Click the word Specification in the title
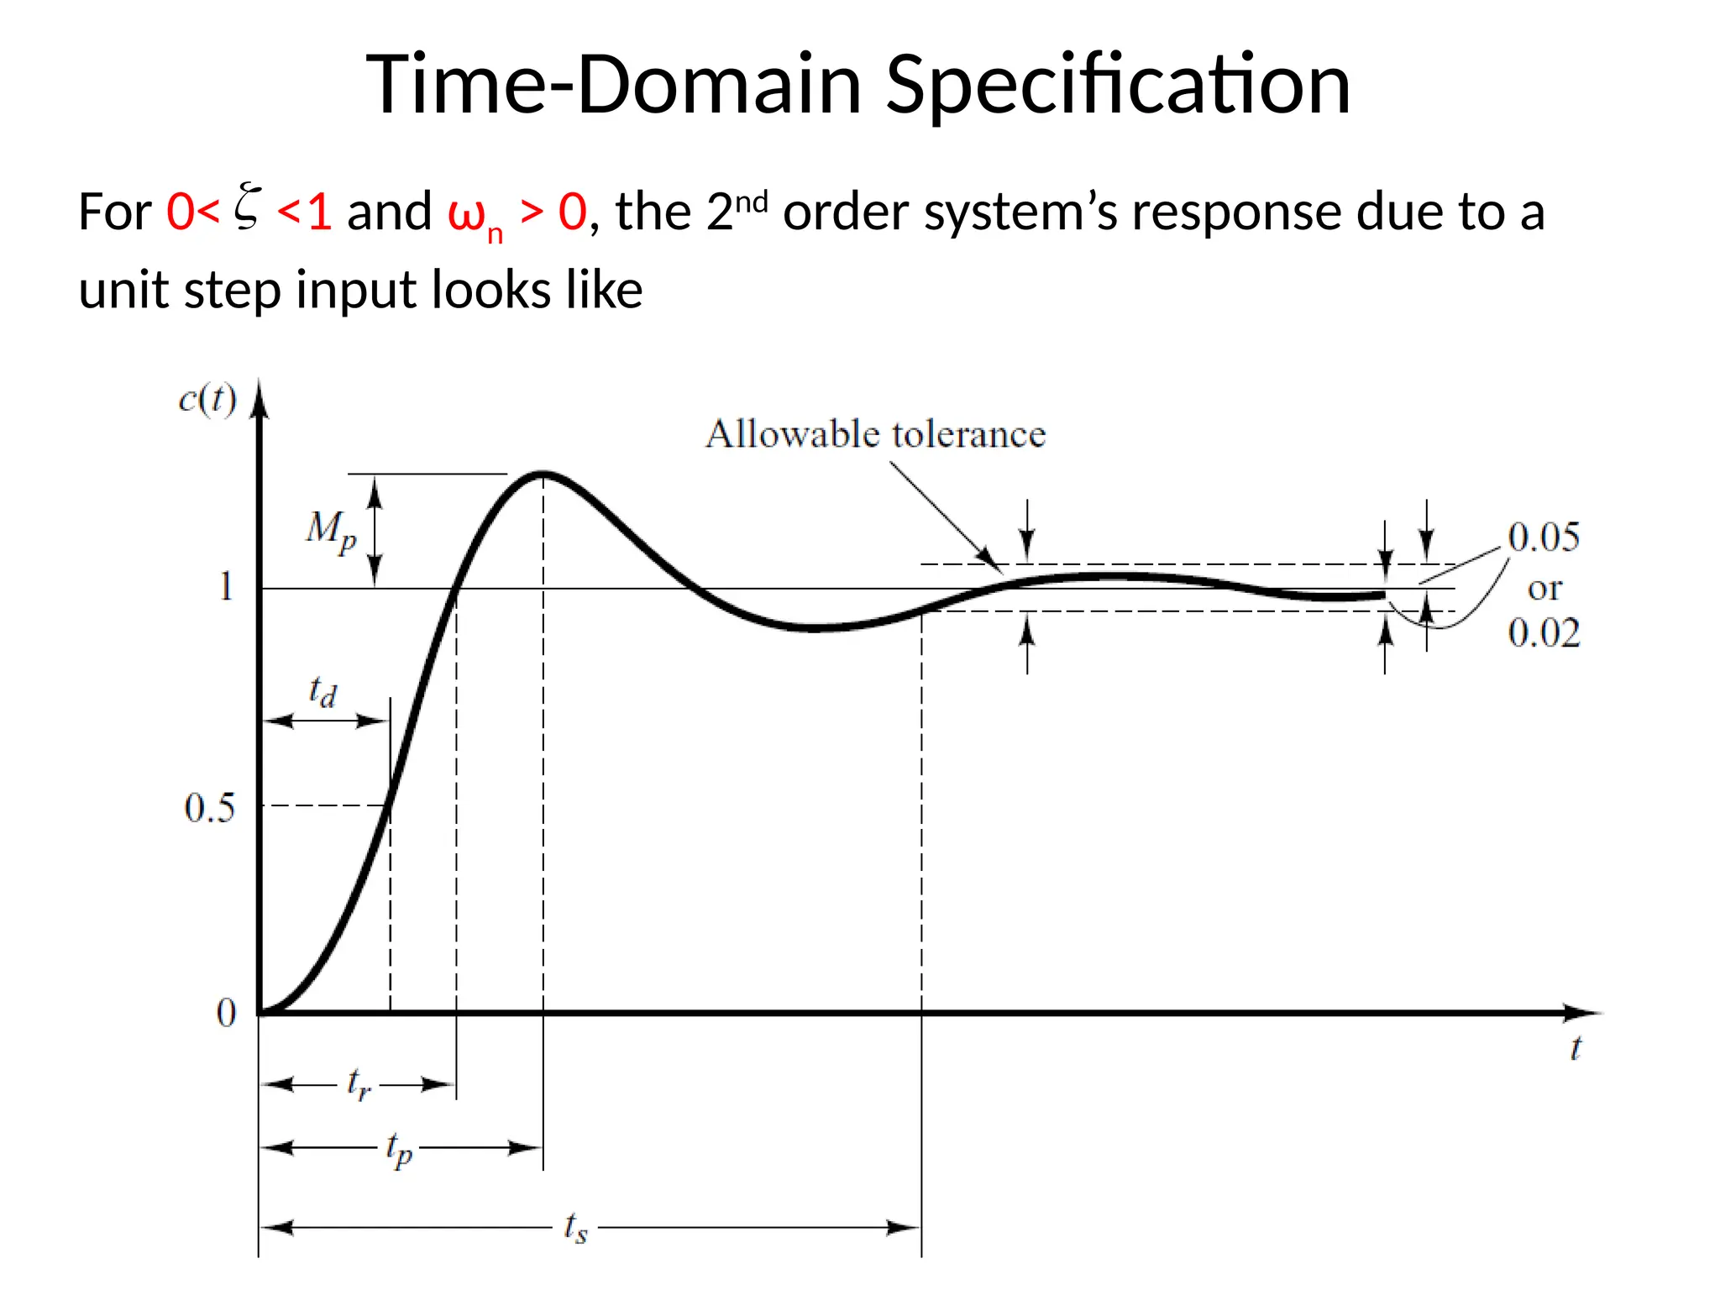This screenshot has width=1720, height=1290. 1118,86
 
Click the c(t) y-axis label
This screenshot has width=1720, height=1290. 207,399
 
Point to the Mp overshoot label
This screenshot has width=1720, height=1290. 331,531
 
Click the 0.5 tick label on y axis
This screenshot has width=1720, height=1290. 209,808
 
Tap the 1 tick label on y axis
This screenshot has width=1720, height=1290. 226,586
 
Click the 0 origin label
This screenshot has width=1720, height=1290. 226,1013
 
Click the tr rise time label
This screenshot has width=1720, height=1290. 359,1083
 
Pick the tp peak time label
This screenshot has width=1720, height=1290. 399,1148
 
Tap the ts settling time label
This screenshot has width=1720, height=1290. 575,1228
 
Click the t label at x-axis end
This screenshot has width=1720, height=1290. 1576,1048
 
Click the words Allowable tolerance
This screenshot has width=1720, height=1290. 875,434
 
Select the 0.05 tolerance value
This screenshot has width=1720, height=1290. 1544,537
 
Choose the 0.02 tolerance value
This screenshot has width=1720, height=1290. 1544,633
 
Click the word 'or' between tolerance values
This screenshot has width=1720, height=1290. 1544,588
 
